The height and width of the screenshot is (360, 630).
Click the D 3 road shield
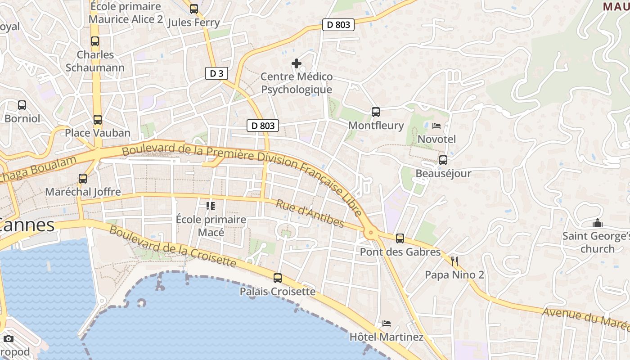pyautogui.click(x=216, y=73)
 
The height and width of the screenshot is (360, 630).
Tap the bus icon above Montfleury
pyautogui.click(x=375, y=112)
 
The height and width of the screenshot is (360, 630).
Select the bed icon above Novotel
pyautogui.click(x=436, y=126)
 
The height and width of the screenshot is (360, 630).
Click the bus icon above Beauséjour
pyautogui.click(x=443, y=160)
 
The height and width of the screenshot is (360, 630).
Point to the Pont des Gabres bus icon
pyautogui.click(x=400, y=238)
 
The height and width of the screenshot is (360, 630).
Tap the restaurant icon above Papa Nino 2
pyautogui.click(x=454, y=261)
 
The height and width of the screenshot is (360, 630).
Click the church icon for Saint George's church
pyautogui.click(x=597, y=223)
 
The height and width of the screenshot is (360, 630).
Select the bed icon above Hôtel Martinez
pyautogui.click(x=386, y=323)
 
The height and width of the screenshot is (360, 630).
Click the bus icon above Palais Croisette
pyautogui.click(x=278, y=278)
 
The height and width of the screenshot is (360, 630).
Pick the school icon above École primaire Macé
pyautogui.click(x=210, y=206)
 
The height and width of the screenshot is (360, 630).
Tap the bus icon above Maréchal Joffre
pyautogui.click(x=83, y=178)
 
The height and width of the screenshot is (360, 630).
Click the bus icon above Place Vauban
pyautogui.click(x=97, y=120)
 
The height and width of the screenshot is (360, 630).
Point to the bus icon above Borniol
pyautogui.click(x=22, y=105)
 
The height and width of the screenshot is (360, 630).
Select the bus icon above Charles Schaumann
pyautogui.click(x=95, y=41)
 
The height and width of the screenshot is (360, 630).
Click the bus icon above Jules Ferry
pyautogui.click(x=193, y=9)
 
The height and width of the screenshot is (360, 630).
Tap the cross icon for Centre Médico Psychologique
pyautogui.click(x=297, y=63)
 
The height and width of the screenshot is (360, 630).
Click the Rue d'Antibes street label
pyautogui.click(x=310, y=213)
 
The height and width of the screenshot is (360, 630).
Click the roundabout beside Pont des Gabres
pyautogui.click(x=371, y=233)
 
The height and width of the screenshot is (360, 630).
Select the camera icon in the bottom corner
pyautogui.click(x=9, y=338)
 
